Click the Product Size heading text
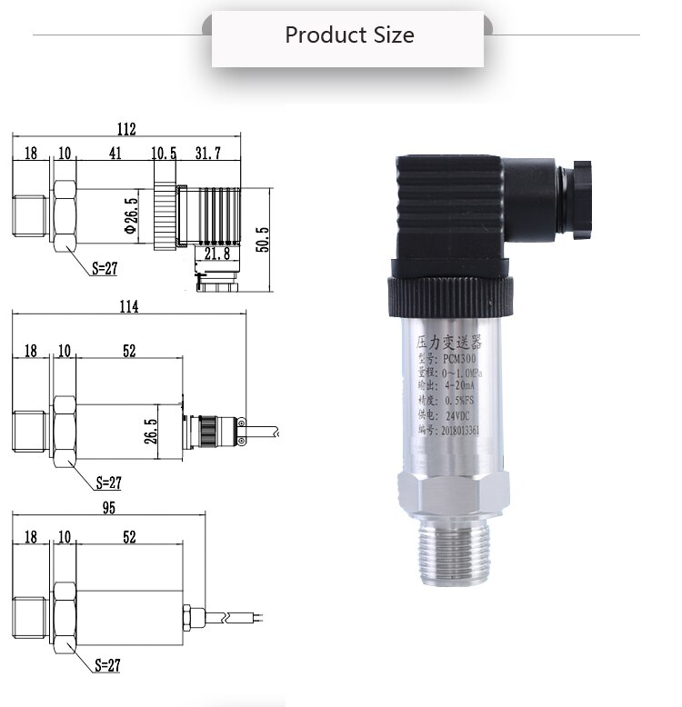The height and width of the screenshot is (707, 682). coord(349,35)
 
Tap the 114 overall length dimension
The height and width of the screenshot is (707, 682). coord(127,306)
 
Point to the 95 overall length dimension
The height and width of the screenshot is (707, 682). coord(108,508)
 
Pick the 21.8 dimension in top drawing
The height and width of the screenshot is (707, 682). coord(216,254)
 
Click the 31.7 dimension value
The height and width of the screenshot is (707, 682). coord(207,154)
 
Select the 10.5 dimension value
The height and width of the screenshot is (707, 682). coord(164,154)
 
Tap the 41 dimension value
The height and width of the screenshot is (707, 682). coord(115,154)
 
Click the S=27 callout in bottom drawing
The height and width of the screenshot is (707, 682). coord(107,665)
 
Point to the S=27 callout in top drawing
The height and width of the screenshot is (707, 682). coord(107,268)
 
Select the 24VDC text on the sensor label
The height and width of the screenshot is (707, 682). coord(459,413)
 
